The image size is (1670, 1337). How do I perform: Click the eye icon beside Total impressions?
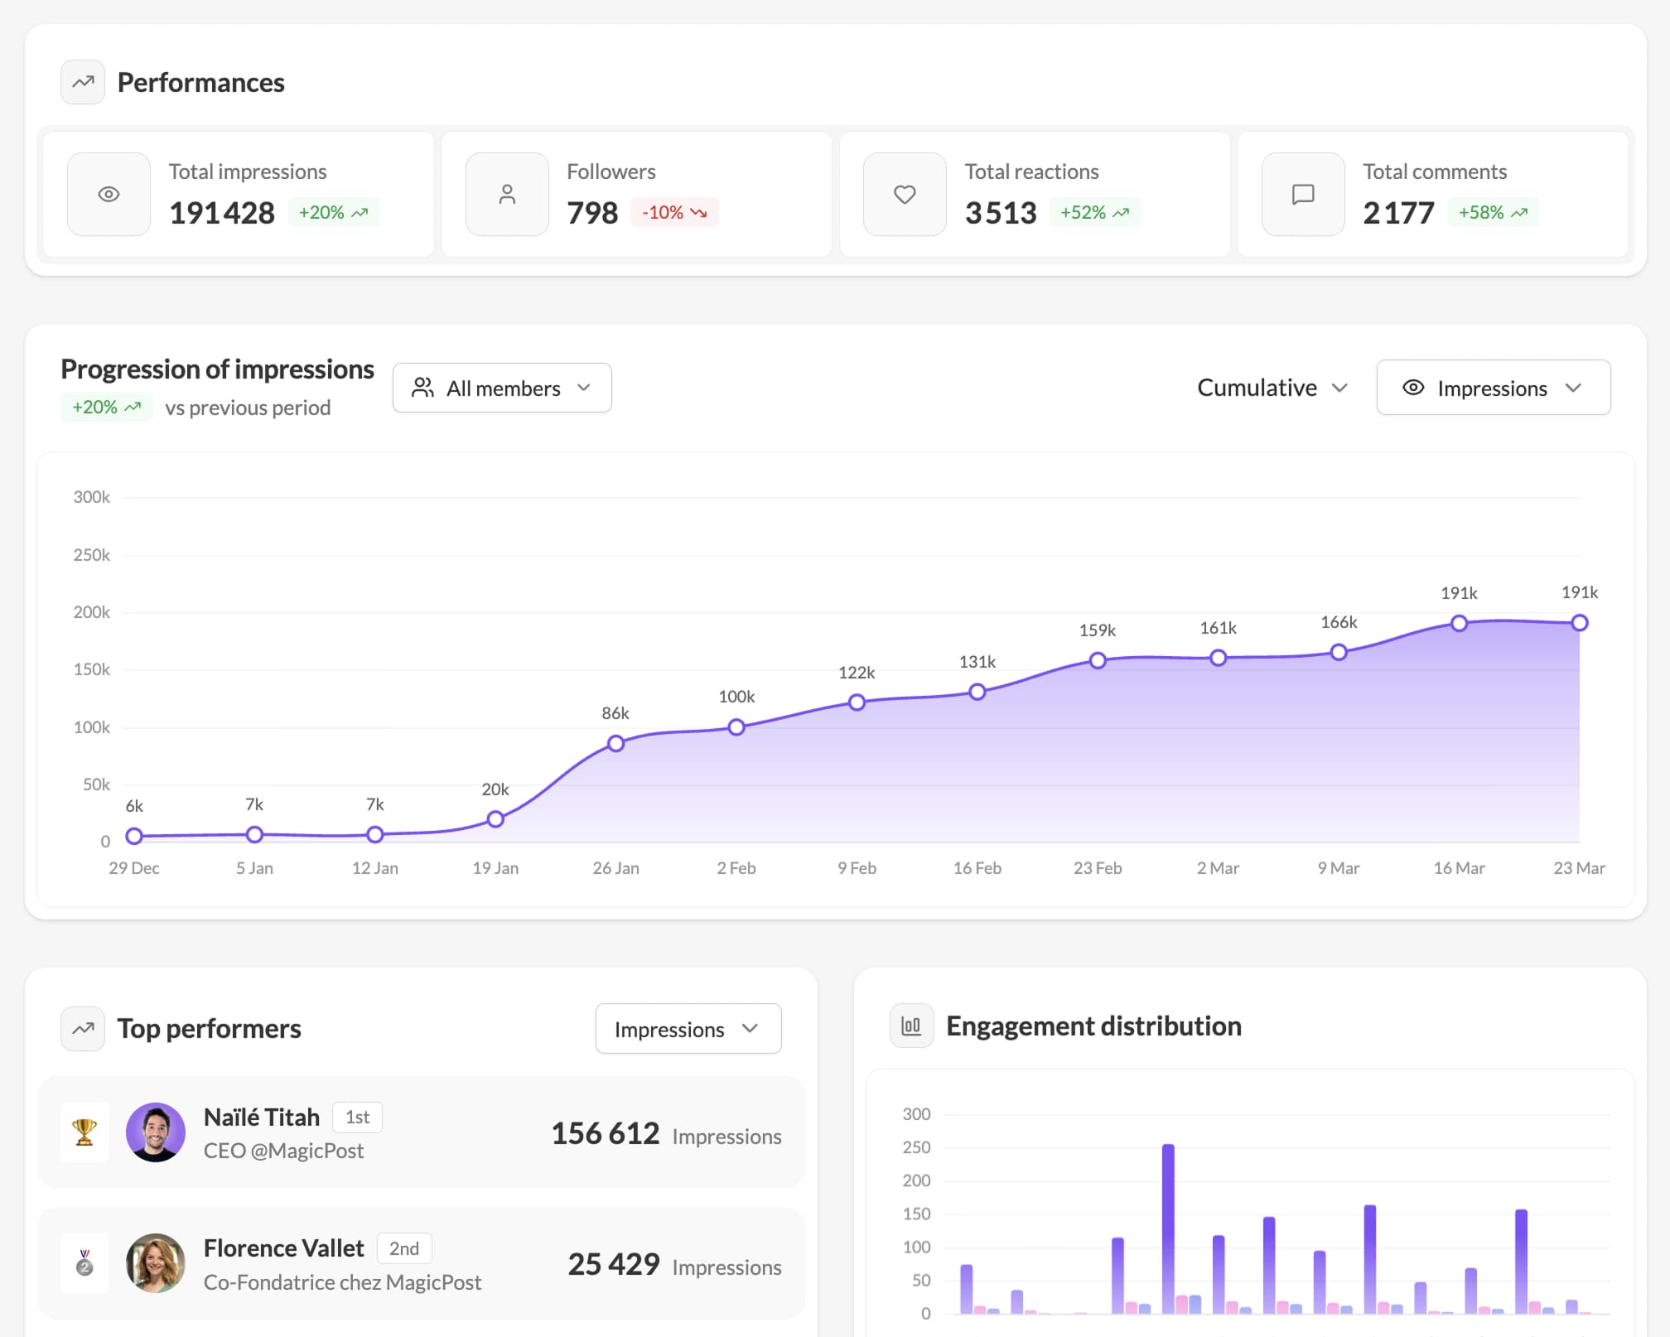point(109,195)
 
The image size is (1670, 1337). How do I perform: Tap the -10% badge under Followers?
point(674,213)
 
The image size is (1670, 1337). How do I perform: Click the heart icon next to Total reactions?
point(905,195)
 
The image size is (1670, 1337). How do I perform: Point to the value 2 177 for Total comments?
point(1398,213)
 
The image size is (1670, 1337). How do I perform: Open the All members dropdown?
point(502,388)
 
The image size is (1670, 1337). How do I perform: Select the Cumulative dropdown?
point(1272,388)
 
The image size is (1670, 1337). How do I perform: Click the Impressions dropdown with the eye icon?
point(1493,388)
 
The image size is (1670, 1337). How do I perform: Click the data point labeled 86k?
point(615,743)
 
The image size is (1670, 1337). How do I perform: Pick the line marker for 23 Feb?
point(1098,660)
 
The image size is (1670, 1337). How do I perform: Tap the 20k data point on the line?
point(495,819)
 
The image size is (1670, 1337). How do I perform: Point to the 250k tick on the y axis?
point(91,555)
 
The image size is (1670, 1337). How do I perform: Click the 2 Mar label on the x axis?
point(1218,868)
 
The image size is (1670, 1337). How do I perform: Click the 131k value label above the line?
point(977,662)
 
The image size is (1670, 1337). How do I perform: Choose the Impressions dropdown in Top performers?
point(688,1029)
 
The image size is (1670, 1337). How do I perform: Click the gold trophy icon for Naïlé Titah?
point(84,1132)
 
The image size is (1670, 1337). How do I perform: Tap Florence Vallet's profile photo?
point(156,1263)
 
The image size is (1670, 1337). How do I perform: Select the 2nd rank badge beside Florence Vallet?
point(404,1248)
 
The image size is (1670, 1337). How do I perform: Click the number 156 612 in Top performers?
point(606,1133)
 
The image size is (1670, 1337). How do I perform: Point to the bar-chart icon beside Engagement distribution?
point(911,1026)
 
